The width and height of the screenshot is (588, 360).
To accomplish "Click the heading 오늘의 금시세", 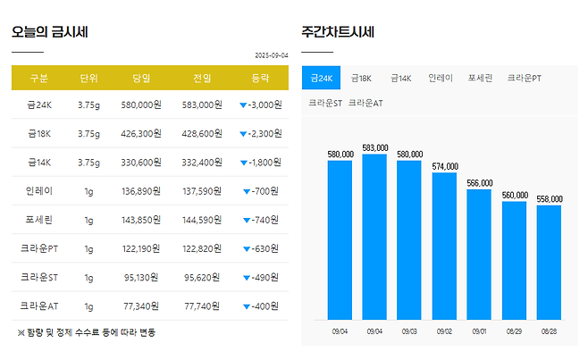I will (49, 32).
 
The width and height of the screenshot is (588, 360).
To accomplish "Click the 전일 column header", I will (202, 78).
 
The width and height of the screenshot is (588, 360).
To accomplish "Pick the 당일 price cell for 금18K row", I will (141, 134).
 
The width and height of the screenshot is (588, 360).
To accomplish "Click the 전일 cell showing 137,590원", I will (202, 191).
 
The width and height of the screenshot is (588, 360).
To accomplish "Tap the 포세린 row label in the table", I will (38, 220).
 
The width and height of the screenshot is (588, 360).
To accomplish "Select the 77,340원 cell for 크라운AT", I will (141, 306).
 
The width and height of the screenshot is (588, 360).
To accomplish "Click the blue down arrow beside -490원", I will (246, 277).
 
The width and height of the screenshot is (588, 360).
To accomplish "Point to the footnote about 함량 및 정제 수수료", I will (86, 332).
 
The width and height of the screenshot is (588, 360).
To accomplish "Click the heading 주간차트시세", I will (338, 32).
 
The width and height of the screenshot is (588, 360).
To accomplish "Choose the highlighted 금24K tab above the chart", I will (321, 79).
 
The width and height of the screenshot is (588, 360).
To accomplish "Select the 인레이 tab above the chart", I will (441, 79).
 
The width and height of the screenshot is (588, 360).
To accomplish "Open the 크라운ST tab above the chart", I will (324, 103).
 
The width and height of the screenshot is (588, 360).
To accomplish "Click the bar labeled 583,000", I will (374, 237).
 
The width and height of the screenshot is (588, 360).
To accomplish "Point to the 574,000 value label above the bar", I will (444, 166).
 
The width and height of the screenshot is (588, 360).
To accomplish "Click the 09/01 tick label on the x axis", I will (479, 331).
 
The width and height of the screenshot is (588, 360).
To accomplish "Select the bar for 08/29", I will (514, 260).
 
